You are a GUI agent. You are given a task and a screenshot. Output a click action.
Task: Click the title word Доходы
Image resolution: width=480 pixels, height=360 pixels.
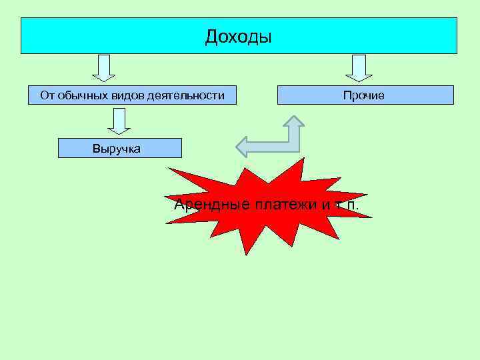click(x=239, y=36)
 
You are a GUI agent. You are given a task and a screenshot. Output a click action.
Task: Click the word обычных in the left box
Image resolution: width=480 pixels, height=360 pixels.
click(x=79, y=95)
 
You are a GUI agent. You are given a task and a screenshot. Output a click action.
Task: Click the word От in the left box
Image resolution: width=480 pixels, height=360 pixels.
click(x=47, y=95)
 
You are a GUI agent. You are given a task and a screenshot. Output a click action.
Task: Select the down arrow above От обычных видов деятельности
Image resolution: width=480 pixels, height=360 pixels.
click(x=103, y=67)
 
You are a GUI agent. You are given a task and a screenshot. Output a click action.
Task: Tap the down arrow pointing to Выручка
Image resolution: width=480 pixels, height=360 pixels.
click(x=119, y=121)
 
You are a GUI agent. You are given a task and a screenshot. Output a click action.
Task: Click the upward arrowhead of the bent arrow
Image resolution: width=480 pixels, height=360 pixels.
click(x=293, y=122)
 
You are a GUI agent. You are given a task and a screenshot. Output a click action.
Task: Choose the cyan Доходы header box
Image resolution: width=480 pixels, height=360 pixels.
click(x=239, y=36)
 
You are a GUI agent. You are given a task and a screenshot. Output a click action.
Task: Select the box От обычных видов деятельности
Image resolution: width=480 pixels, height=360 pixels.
click(x=132, y=95)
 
